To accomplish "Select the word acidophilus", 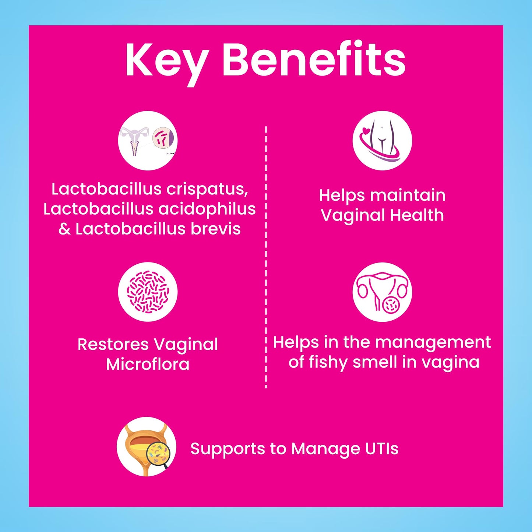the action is click(x=207, y=209).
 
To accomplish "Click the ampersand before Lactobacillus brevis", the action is click(x=64, y=229).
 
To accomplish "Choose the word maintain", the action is click(x=408, y=196).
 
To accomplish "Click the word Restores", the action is click(x=113, y=345).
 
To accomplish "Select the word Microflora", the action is click(x=148, y=364).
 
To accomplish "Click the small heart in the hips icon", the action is click(x=365, y=130).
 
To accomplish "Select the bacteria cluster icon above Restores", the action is click(x=148, y=292).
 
